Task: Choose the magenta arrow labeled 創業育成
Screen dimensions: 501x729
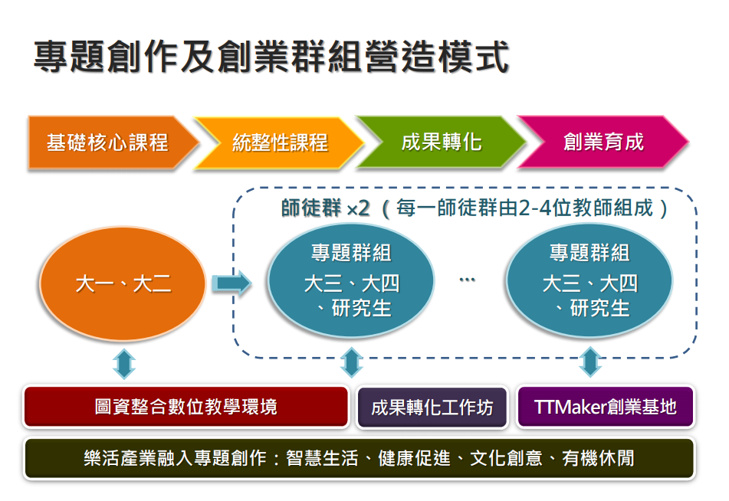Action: pyautogui.click(x=603, y=142)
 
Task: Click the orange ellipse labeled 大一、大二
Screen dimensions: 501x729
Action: pyautogui.click(x=123, y=284)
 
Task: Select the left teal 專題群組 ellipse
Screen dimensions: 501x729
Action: pyautogui.click(x=351, y=280)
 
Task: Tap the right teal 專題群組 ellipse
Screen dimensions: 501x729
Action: pyautogui.click(x=589, y=280)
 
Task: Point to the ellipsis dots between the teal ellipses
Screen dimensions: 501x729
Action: pyautogui.click(x=468, y=280)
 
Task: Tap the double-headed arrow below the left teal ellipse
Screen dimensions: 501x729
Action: pyautogui.click(x=351, y=362)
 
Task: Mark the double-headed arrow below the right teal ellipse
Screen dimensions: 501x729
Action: pyautogui.click(x=589, y=362)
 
